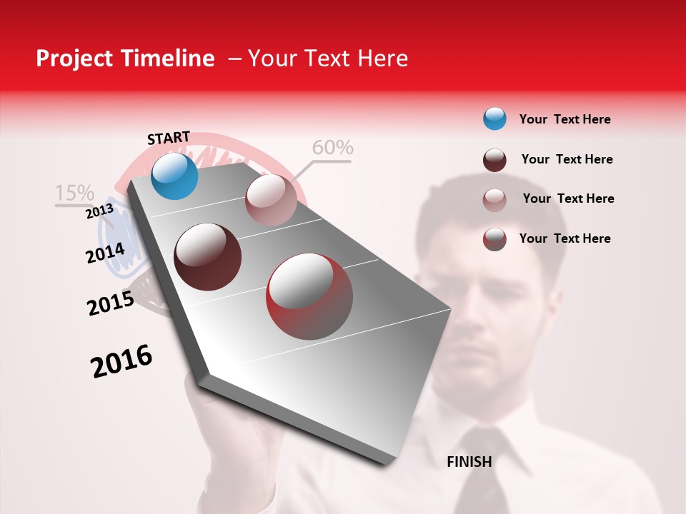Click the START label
(x=169, y=138)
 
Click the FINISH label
(x=469, y=462)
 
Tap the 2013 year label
(x=99, y=211)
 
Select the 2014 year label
(x=105, y=253)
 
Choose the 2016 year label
(x=121, y=361)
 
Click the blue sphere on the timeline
(x=174, y=176)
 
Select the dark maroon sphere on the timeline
(x=208, y=257)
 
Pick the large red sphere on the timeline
(x=309, y=296)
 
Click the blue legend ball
(x=494, y=119)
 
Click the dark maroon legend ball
(x=494, y=160)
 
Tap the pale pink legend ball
(x=494, y=200)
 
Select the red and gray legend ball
(x=494, y=239)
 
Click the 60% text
(x=332, y=148)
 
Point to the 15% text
(x=74, y=193)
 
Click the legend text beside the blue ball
(x=565, y=119)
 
